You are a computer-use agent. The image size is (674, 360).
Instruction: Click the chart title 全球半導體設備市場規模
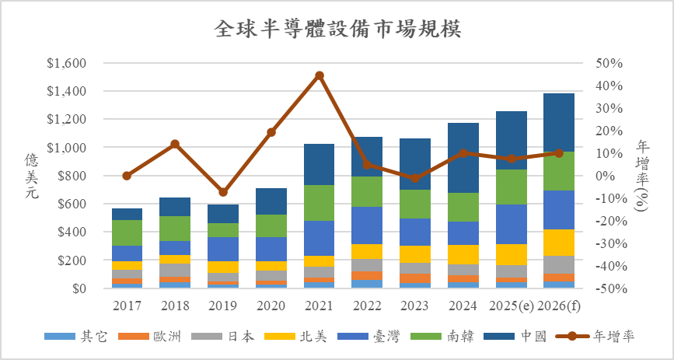pos(337,29)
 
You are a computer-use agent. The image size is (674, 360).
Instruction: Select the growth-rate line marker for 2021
pos(320,75)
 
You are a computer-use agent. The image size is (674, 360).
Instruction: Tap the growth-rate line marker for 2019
pos(223,192)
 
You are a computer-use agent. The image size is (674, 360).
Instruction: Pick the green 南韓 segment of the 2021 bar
pos(320,203)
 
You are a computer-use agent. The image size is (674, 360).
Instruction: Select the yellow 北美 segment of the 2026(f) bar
pos(559,243)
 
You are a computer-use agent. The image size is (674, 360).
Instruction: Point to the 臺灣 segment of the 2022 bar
pos(368,225)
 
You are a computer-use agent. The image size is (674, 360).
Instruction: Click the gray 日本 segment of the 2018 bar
pos(175,270)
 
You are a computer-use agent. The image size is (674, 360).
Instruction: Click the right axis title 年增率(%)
pos(642,176)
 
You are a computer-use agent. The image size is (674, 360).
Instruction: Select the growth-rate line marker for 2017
pos(127,176)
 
